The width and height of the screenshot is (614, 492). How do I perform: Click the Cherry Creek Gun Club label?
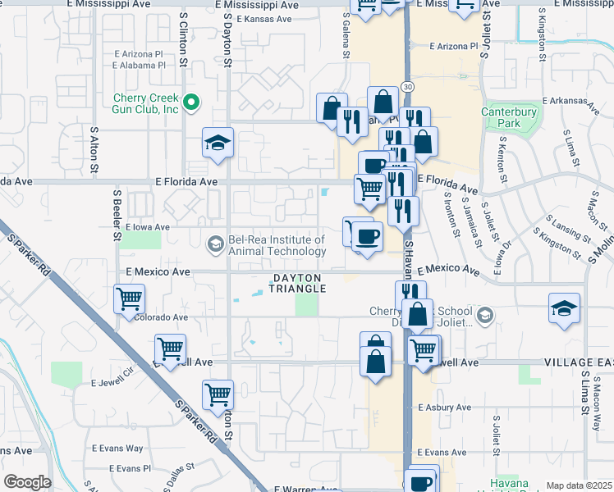(146, 103)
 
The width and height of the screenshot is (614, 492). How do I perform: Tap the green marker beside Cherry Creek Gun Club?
(191, 103)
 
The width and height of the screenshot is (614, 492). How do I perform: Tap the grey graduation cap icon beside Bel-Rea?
(215, 244)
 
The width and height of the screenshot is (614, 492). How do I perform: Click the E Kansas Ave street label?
(263, 19)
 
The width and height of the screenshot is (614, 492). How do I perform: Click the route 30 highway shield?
(407, 86)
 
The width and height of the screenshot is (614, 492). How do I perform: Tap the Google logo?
(27, 482)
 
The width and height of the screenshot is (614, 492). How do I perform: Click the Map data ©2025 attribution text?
(578, 485)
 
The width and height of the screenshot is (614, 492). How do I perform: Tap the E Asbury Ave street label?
(444, 408)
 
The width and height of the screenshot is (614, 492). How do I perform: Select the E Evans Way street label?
(117, 449)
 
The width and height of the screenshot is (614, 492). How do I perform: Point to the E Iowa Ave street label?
(147, 227)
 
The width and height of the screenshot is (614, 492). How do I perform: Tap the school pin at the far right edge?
(564, 309)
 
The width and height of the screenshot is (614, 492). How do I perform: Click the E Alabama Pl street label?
(140, 65)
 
